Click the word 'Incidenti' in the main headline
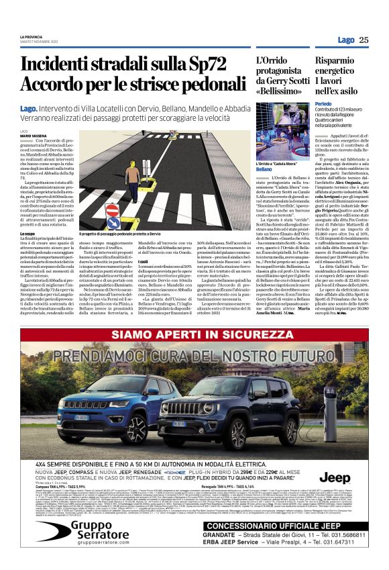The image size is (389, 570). [x=64, y=65]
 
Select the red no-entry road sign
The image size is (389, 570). [x=113, y=210]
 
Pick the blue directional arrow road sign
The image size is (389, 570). [x=113, y=224]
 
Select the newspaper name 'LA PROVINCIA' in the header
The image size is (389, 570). [x=34, y=36]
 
